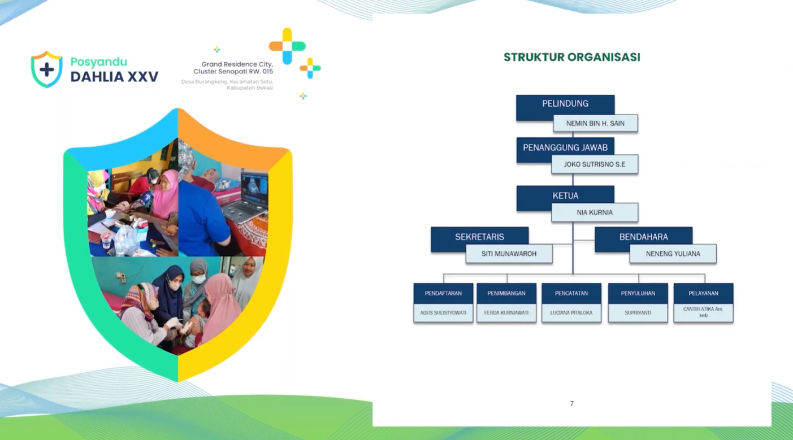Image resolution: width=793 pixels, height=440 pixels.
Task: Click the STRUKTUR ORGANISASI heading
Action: point(572,57)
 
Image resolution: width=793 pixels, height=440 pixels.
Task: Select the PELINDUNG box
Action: point(565,104)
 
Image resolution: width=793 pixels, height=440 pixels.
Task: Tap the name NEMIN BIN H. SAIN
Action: point(595,124)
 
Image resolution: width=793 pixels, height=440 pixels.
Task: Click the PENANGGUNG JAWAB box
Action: point(565,147)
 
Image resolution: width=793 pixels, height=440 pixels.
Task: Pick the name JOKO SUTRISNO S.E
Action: point(595,164)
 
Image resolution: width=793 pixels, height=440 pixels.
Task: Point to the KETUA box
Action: point(565,195)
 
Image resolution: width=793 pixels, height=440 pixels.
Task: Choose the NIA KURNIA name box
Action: point(595,212)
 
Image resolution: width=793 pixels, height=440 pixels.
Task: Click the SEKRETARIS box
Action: point(479,237)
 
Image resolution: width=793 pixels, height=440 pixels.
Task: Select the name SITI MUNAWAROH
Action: point(509,254)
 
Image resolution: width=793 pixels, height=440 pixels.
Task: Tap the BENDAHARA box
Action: point(643,237)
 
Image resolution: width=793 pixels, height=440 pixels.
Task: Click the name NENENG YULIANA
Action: point(673,254)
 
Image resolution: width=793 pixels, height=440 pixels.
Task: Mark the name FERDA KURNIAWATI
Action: point(506,313)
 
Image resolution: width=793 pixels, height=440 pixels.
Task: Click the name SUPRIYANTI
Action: point(638,313)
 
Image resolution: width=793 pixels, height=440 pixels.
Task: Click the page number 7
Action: point(572,404)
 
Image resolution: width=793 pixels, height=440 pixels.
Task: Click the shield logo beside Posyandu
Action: point(47,69)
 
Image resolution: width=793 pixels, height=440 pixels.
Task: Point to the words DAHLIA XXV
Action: point(114,77)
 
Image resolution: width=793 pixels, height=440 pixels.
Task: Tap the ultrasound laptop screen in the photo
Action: point(254,187)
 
